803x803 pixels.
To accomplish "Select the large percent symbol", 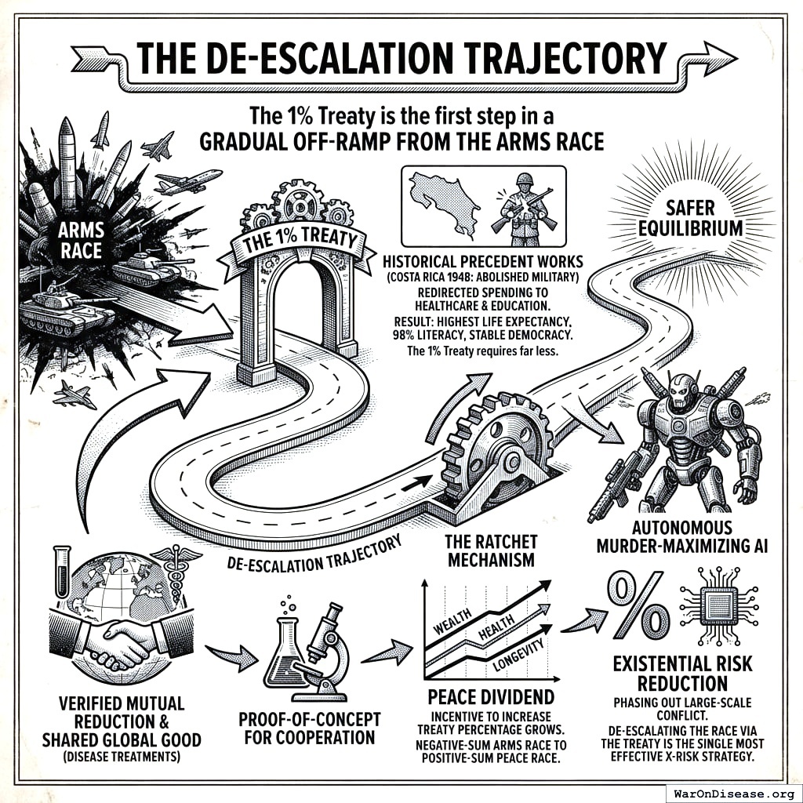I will tap(636, 605).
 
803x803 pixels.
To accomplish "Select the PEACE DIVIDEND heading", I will tap(491, 697).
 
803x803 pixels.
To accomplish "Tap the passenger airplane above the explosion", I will tap(189, 181).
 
